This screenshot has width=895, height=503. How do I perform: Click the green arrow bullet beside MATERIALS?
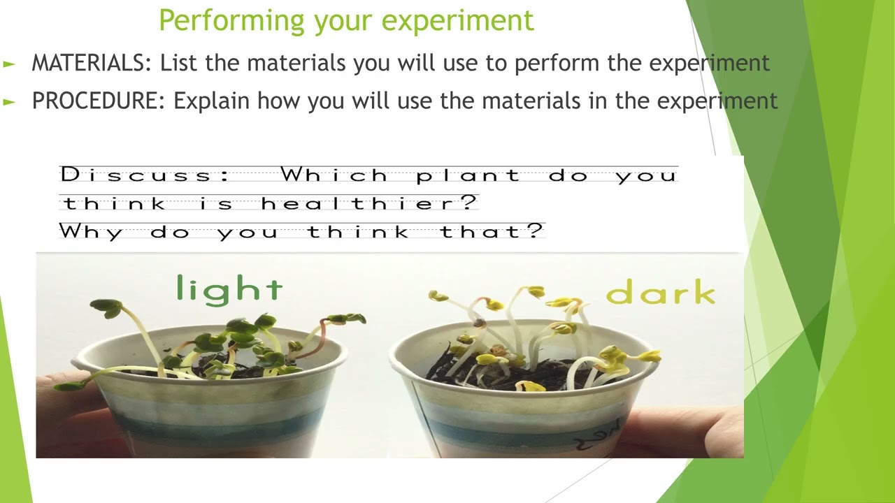coord(9,64)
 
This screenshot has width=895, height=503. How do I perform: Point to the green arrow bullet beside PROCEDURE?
coord(9,101)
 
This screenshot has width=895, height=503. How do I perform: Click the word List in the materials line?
coord(179,63)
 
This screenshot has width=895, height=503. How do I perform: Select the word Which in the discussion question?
coord(334,175)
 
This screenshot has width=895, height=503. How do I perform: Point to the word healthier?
coord(369,204)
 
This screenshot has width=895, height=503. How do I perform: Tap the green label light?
coord(229,288)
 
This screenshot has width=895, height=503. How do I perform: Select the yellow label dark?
coord(660,294)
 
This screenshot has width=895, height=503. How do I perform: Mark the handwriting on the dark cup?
coord(591,437)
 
